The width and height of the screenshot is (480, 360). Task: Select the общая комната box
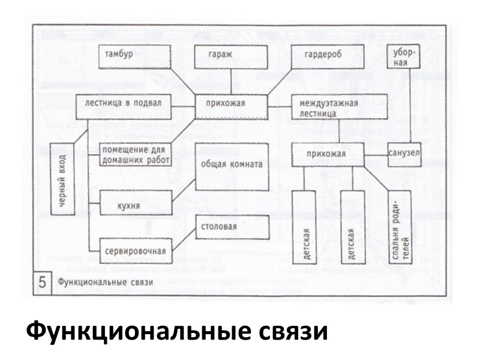pos(232,166)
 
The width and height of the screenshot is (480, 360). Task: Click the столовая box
pos(232,227)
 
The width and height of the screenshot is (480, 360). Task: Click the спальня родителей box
pos(398,227)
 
